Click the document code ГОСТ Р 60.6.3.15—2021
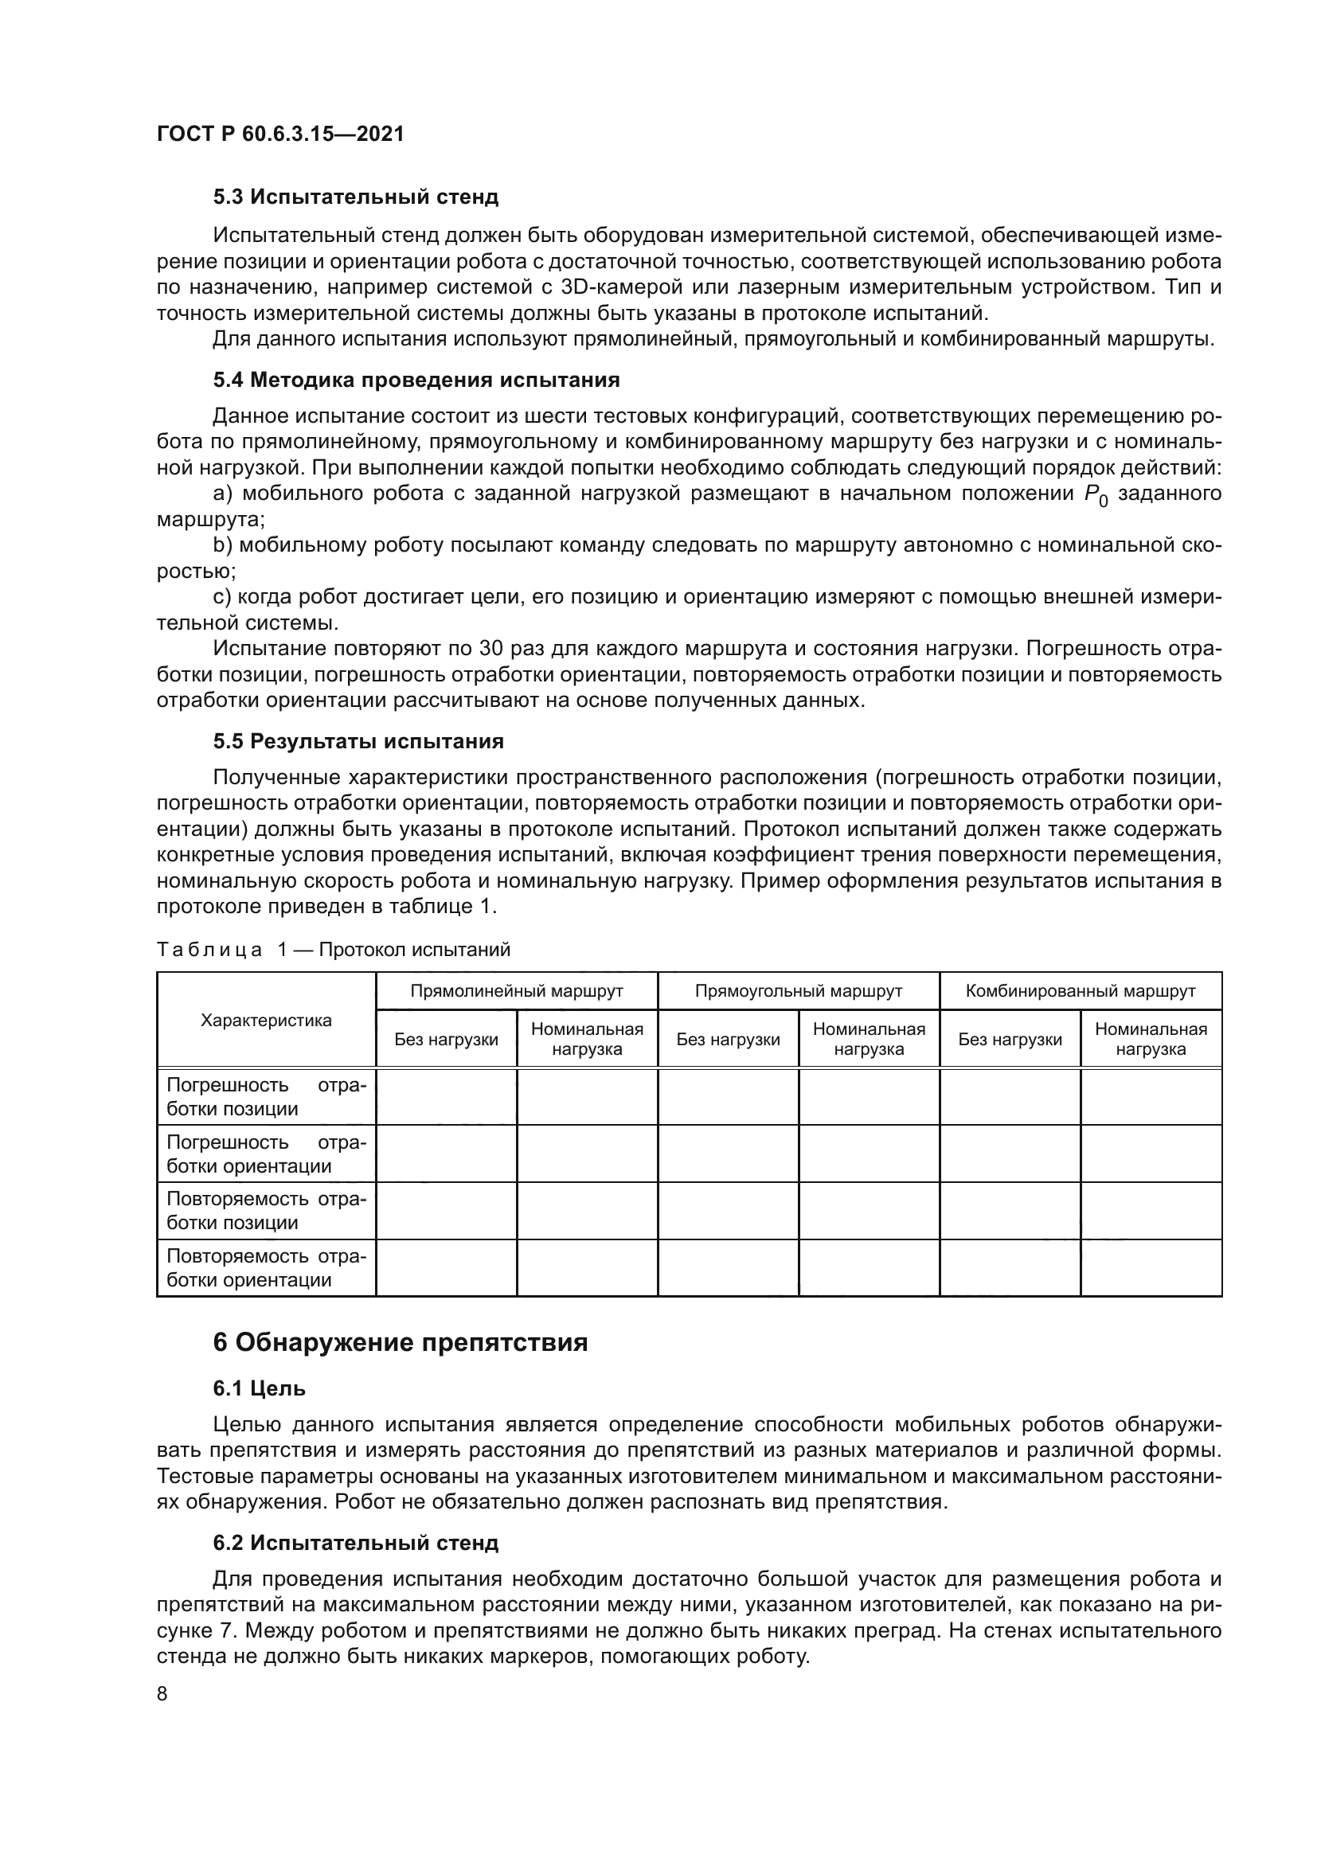(280, 134)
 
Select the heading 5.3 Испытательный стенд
(355, 197)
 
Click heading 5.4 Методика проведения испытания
(416, 380)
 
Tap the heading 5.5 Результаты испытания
(358, 741)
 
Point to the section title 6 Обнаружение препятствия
(400, 1343)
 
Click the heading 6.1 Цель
(259, 1388)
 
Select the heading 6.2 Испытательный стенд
(355, 1544)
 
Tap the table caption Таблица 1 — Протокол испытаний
(334, 950)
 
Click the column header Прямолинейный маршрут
(517, 991)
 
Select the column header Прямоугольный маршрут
(798, 991)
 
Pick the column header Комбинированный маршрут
(1081, 991)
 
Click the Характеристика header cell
(266, 1021)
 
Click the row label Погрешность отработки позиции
(266, 1096)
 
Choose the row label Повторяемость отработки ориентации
(266, 1267)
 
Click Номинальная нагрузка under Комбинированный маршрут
(1151, 1039)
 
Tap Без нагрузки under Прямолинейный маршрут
(446, 1040)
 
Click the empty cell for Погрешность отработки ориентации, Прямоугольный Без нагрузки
(728, 1154)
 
